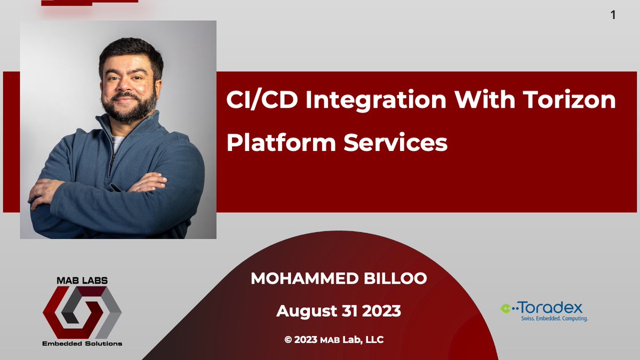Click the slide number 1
pos(613,15)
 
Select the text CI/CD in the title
pos(262,100)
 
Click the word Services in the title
pos(395,142)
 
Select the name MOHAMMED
pos(305,278)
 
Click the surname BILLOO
pos(395,278)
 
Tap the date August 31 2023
pos(339,311)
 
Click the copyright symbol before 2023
pos(288,340)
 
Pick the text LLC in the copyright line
pos(374,340)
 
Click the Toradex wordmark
pos(550,308)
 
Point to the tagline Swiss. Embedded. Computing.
pos(554,318)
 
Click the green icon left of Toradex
pos(506,308)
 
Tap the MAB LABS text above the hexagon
pos(82,281)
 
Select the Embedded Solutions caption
pos(82,343)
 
